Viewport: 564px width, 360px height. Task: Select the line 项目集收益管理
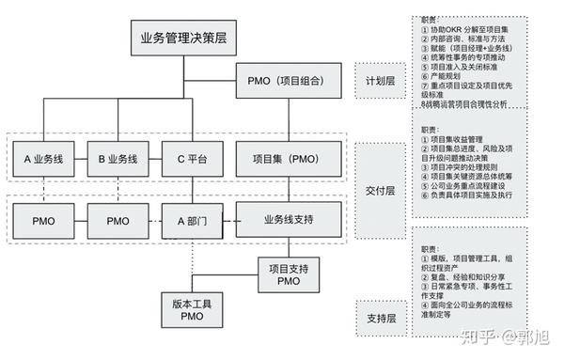460,139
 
